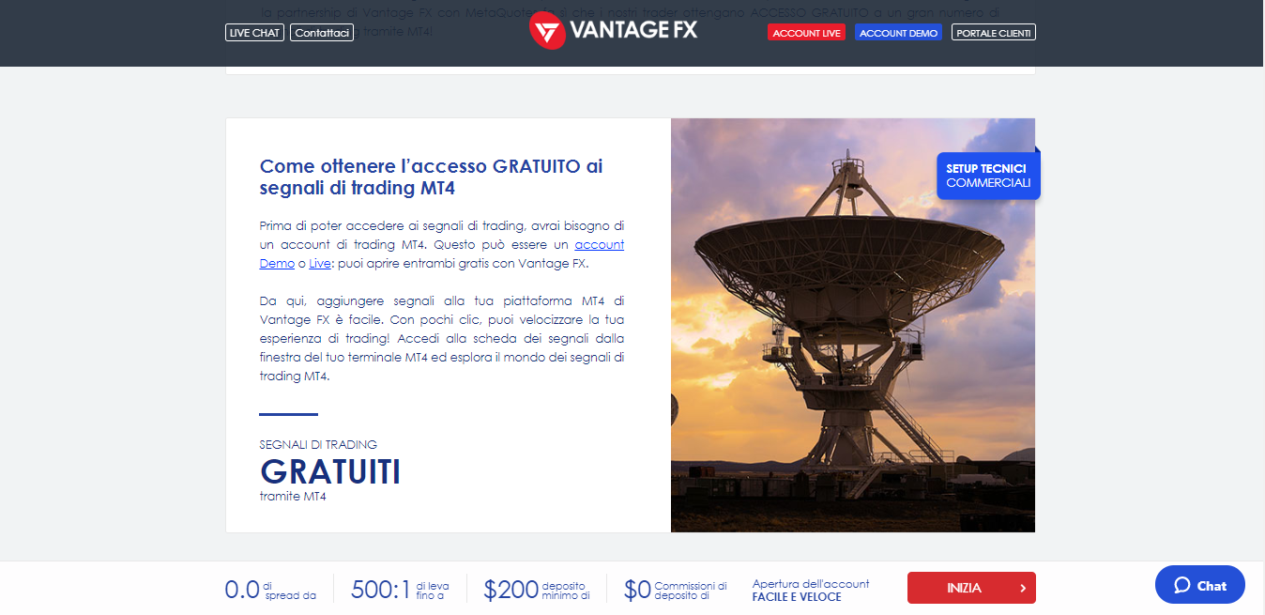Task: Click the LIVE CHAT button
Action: [254, 33]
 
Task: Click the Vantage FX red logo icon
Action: [546, 31]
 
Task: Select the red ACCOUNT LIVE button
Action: [806, 33]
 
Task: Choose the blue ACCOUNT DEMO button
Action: [898, 33]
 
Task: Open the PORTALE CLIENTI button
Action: [993, 33]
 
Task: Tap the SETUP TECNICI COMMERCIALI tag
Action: [987, 176]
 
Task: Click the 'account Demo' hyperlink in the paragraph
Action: [599, 245]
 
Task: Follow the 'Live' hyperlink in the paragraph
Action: [319, 264]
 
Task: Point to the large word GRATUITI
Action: [330, 472]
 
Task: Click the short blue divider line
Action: [288, 414]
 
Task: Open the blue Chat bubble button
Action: [1199, 585]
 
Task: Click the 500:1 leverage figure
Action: [380, 590]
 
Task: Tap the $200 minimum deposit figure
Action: [511, 590]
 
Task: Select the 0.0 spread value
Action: [241, 590]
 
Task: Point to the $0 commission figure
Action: [637, 590]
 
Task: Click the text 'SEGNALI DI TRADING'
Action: [318, 444]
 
